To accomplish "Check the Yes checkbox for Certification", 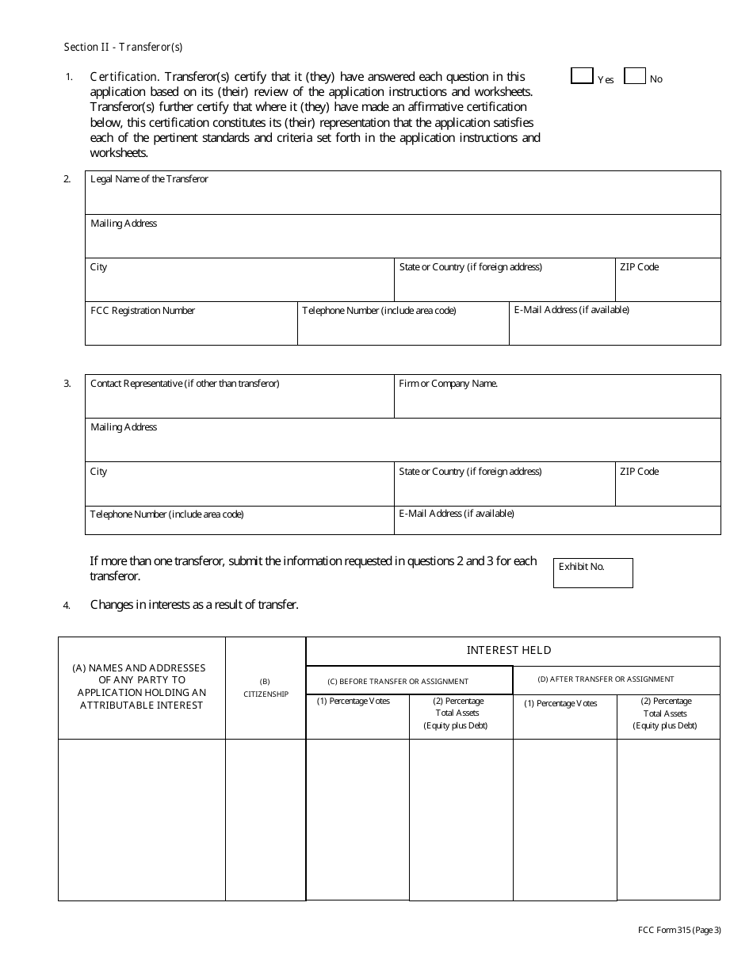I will point(582,76).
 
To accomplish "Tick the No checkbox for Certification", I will point(635,76).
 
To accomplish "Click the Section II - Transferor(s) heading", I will point(123,47).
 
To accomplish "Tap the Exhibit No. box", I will point(592,573).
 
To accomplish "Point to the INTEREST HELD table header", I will point(509,650).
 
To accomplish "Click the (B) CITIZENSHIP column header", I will point(265,687).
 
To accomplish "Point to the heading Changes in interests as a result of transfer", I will point(194,605).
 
